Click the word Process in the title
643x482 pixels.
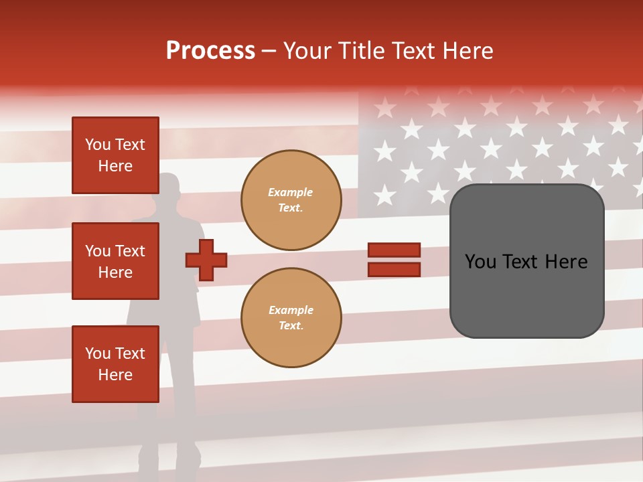click(x=210, y=51)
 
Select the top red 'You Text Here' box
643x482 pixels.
click(x=115, y=155)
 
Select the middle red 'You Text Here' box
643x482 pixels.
click(x=115, y=261)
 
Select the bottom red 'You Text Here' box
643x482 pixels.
click(x=115, y=364)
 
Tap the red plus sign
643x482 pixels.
click(x=206, y=260)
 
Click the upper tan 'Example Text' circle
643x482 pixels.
click(x=291, y=199)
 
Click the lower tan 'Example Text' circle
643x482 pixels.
click(x=291, y=317)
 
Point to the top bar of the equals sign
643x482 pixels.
click(x=394, y=250)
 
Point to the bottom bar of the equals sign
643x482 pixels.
click(x=394, y=270)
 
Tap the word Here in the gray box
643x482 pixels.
click(x=566, y=262)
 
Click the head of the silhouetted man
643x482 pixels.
click(x=168, y=187)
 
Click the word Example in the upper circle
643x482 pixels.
click(x=290, y=192)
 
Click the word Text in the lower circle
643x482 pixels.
click(x=290, y=326)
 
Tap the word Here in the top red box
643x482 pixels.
click(x=115, y=166)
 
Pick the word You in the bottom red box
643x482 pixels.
click(x=98, y=353)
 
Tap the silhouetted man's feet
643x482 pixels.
click(x=167, y=466)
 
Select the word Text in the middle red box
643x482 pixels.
click(x=129, y=251)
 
